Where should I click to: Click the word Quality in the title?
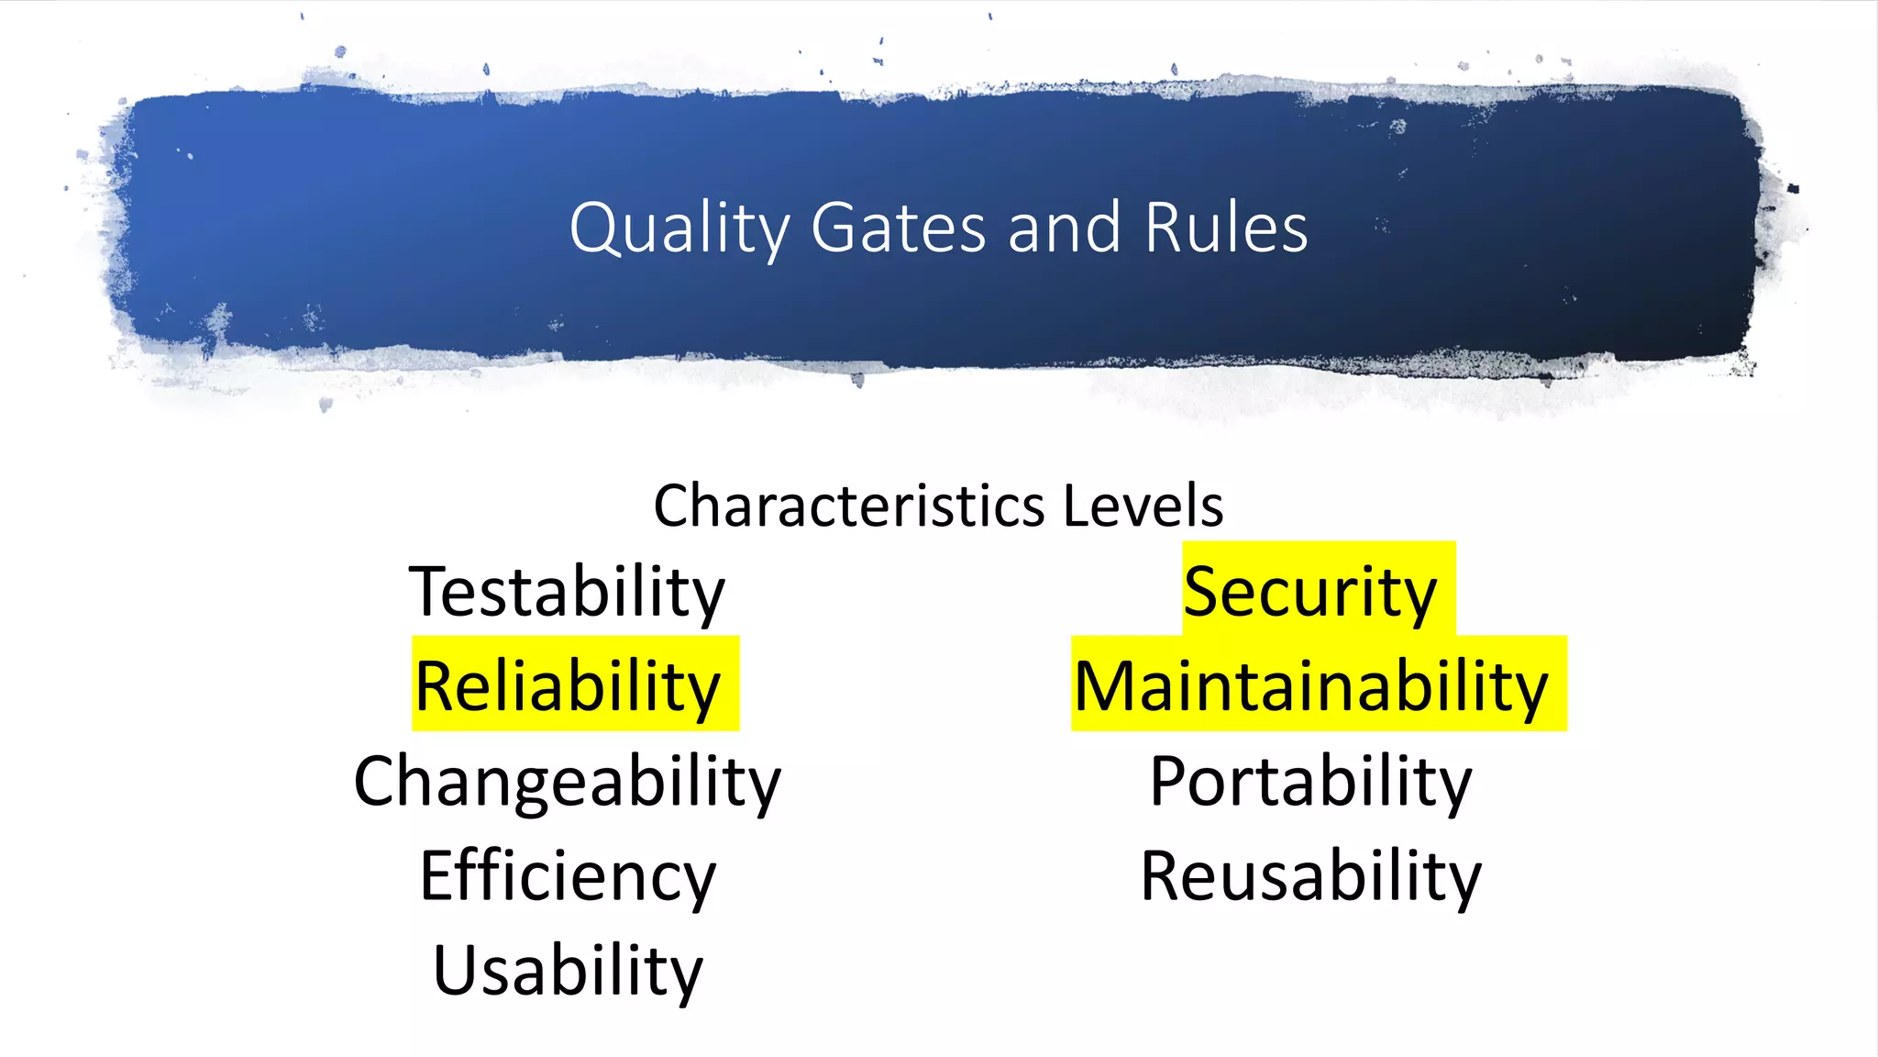[679, 229]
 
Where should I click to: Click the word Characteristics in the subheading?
[849, 506]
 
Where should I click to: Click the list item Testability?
[567, 593]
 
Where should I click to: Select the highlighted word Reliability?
[569, 686]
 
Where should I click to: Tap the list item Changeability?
[567, 782]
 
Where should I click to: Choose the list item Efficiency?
[567, 876]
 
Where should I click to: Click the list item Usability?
[567, 971]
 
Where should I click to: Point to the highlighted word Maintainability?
[1311, 686]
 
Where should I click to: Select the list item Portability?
[1310, 782]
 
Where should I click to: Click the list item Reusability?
[1310, 876]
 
